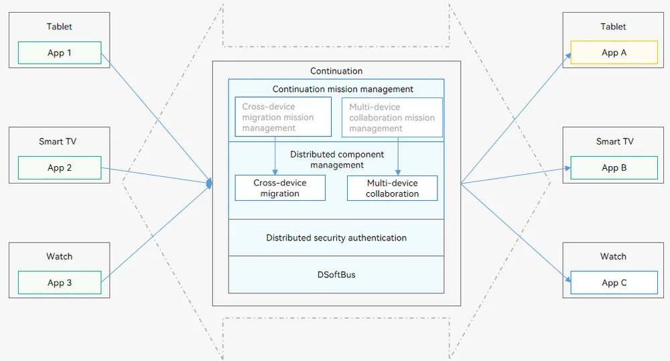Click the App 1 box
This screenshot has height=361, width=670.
(60, 52)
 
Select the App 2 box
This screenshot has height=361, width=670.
(60, 167)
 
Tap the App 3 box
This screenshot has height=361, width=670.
(60, 283)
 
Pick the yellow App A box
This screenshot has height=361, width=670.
(614, 52)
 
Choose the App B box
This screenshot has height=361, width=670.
(614, 167)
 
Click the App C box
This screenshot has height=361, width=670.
(614, 283)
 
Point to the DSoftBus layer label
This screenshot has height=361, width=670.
(336, 275)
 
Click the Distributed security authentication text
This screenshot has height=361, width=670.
(336, 238)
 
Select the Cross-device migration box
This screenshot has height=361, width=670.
(280, 188)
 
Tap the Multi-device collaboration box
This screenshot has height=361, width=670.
(392, 188)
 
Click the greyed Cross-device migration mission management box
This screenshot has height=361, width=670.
(283, 117)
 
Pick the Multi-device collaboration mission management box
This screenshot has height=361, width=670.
(392, 117)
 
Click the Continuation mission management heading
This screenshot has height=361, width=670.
(342, 89)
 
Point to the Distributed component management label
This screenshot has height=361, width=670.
(337, 159)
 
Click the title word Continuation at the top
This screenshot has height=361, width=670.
(336, 71)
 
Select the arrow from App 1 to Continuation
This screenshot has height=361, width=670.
(157, 118)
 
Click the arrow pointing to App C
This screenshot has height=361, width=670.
(516, 233)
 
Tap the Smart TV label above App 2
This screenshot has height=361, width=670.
(58, 141)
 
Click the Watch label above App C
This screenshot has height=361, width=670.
(613, 257)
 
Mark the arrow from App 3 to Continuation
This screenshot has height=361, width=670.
(157, 233)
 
